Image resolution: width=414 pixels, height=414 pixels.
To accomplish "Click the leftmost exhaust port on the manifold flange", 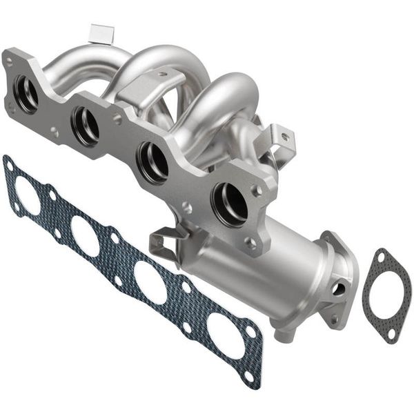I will coord(26,95).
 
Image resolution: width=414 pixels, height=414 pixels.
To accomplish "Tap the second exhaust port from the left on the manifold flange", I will coord(86,126).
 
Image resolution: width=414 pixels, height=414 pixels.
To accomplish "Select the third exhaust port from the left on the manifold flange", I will coord(152,161).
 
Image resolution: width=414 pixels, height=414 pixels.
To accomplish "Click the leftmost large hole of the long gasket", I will coord(28,196).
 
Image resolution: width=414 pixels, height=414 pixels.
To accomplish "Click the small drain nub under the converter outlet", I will coord(282,335).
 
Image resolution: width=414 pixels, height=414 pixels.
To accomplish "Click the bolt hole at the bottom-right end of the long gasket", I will coord(248,376).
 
